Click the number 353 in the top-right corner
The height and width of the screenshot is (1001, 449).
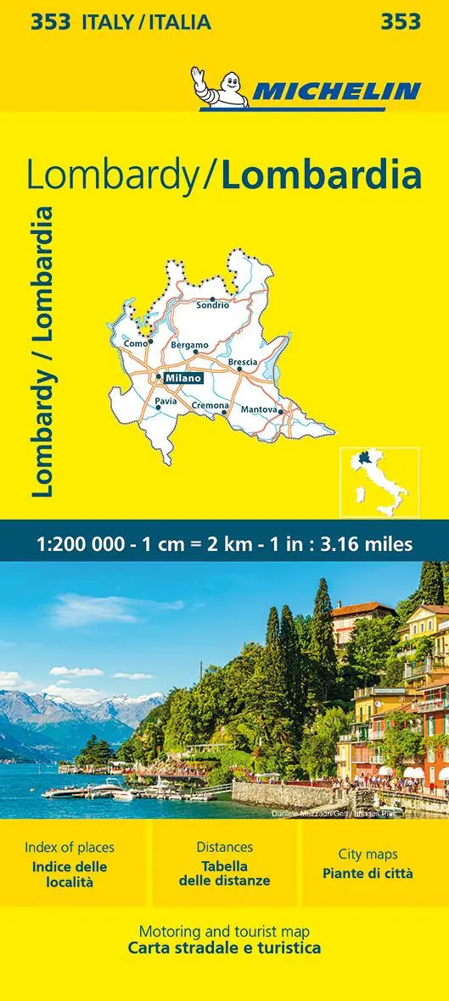point(401,22)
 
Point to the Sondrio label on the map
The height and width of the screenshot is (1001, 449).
point(213,305)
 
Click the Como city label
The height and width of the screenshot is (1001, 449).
point(136,343)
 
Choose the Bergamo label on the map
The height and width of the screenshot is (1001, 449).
point(189,345)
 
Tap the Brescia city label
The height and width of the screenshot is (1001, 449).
point(243,362)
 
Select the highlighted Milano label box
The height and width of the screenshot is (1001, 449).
point(183,378)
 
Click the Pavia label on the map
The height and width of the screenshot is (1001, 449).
point(166,401)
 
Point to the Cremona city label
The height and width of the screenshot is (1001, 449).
point(210,405)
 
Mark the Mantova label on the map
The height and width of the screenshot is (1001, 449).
point(260,409)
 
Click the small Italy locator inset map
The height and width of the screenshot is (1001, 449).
point(379,482)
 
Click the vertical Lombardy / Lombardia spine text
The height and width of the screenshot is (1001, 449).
point(42,351)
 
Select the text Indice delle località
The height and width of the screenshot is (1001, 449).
point(70,874)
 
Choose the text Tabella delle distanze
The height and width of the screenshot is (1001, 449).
point(224,874)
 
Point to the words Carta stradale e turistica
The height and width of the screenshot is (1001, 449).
point(224,948)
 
